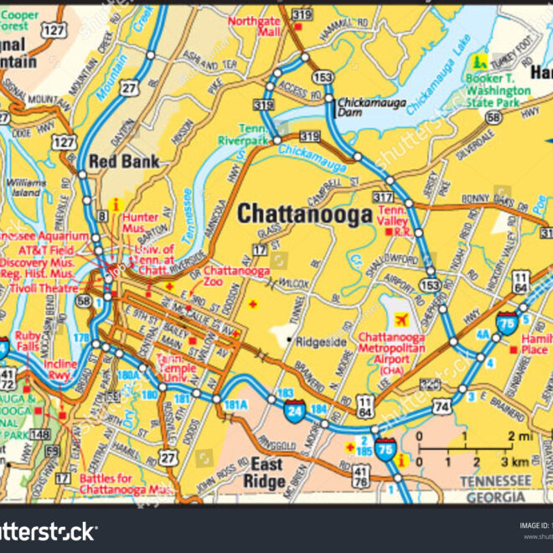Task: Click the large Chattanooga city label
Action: click(304, 214)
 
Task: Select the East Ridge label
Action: click(264, 473)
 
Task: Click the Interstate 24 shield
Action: click(294, 411)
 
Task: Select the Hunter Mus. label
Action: click(140, 223)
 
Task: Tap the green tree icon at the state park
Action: click(480, 61)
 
